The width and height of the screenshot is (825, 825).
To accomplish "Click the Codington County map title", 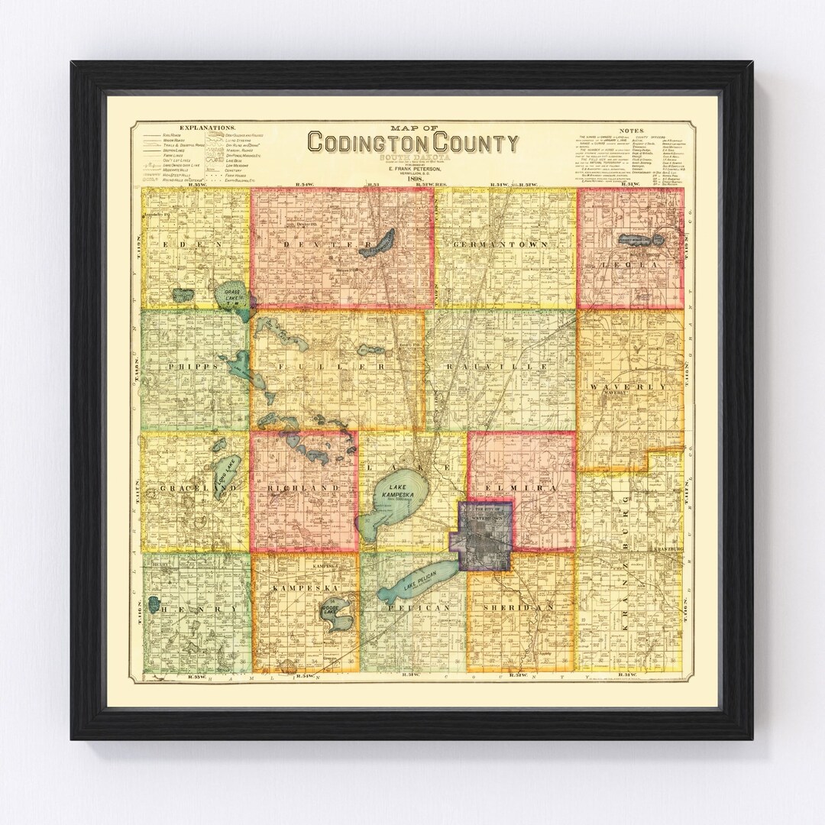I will (x=412, y=143).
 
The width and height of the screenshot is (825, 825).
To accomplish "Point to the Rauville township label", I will (x=501, y=367).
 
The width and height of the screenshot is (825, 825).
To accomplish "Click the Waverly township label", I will (x=628, y=387).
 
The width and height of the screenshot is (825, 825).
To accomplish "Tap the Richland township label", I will (x=303, y=487).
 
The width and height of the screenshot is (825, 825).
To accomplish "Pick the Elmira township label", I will (x=522, y=487).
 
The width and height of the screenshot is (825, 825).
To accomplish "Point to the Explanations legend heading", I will (x=207, y=128).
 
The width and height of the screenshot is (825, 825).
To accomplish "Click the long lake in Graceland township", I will (x=228, y=478).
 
